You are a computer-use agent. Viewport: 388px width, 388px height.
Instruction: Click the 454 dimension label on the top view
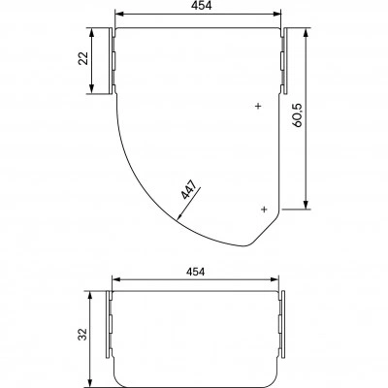[x=201, y=6]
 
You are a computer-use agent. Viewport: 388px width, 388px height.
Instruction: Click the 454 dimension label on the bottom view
[x=195, y=272]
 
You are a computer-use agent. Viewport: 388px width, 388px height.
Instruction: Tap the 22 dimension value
[x=83, y=58]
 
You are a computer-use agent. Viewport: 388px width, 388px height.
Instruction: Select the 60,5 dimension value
[x=297, y=115]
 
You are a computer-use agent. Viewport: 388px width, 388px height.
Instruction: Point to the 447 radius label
[x=188, y=189]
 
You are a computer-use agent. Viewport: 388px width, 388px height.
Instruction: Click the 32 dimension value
[x=82, y=334]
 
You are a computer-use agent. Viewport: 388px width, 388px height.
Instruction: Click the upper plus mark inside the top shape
[x=258, y=106]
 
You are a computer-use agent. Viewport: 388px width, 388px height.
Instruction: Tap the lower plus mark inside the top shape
[x=264, y=210]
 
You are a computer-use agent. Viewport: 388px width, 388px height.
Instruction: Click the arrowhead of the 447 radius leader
[x=179, y=216]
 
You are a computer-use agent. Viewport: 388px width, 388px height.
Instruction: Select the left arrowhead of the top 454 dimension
[x=119, y=14]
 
